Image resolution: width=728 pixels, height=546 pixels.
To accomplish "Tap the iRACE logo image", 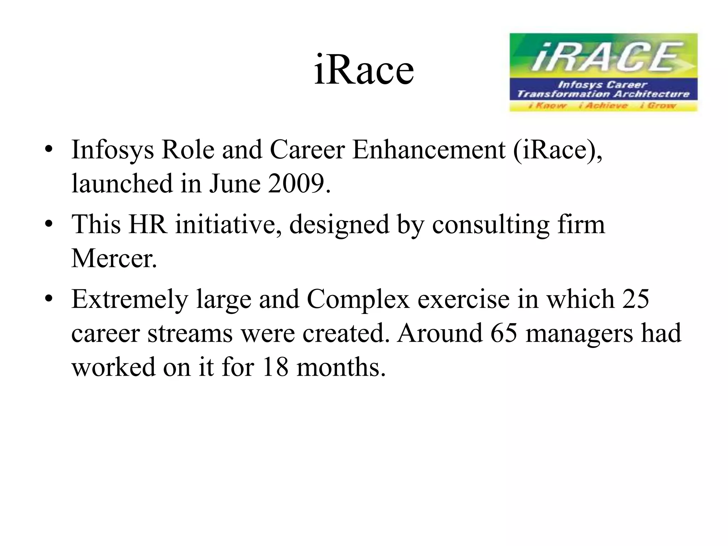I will [603, 72].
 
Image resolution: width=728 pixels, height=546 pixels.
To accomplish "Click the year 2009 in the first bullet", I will [296, 183].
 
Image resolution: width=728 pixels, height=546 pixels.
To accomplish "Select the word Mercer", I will [114, 258].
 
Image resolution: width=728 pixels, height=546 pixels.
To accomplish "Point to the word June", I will [235, 183].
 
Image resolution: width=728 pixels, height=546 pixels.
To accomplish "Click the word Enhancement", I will [429, 150].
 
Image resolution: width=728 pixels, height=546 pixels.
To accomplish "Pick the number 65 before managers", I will [503, 333].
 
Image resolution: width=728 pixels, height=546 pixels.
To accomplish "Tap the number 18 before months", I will [275, 367].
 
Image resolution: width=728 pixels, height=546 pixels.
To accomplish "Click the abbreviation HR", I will [148, 225].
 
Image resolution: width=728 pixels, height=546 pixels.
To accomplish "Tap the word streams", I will [190, 333].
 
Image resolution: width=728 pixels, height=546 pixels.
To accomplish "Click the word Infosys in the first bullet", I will [113, 150].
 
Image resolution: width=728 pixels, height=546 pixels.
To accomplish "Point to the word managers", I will [579, 334].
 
